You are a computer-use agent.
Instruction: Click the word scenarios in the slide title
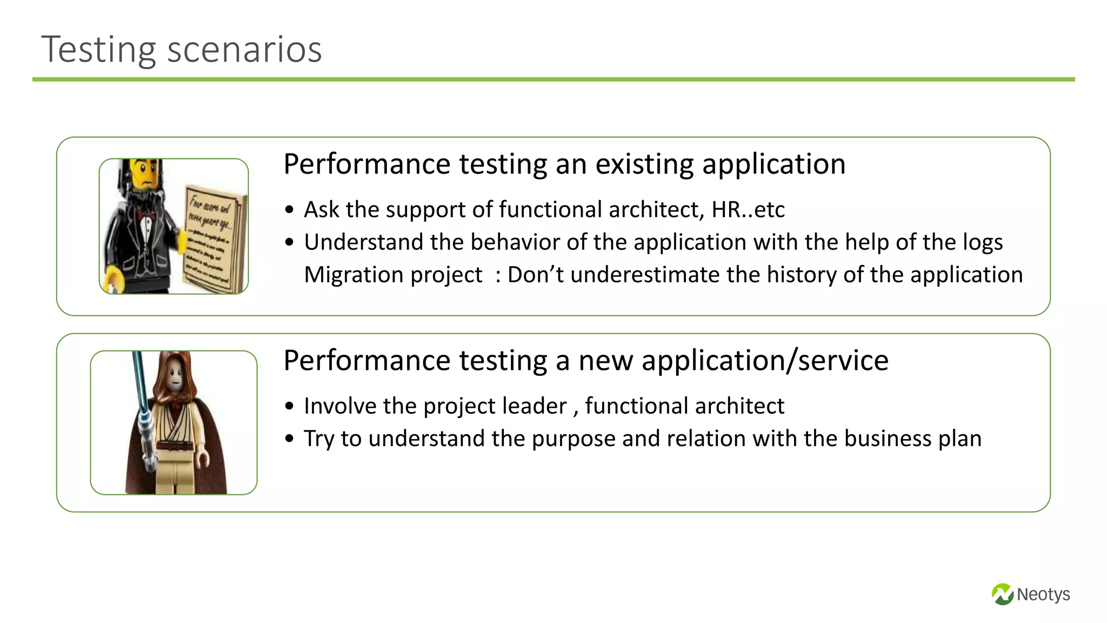point(244,50)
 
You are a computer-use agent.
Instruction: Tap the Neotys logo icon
point(1002,594)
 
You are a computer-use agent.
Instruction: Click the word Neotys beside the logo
point(1043,594)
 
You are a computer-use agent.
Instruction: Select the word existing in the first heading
point(644,164)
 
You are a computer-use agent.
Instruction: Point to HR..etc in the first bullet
point(748,210)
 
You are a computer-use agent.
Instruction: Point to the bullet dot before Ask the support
point(290,210)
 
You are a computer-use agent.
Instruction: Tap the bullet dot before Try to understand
point(290,439)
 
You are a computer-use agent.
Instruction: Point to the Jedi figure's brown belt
point(174,446)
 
